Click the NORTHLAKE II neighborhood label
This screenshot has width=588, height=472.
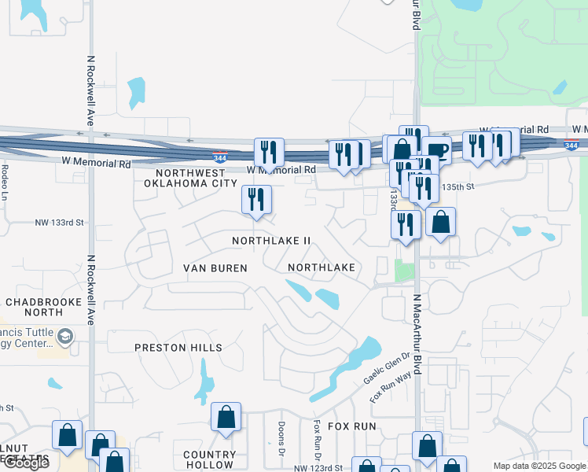[272, 240]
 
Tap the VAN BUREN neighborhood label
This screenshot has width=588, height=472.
[215, 268]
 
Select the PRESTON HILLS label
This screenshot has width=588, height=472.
[178, 348]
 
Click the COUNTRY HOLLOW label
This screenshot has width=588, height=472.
[210, 459]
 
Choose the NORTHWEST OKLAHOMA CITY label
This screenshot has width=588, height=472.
[190, 177]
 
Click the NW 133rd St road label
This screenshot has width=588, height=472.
[59, 223]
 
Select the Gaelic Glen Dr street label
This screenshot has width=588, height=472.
[386, 368]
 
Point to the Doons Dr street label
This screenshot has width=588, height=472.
[281, 438]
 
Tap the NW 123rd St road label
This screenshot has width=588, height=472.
[319, 468]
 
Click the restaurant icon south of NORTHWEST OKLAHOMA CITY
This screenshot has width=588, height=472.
[256, 200]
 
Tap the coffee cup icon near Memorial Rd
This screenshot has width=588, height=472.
[436, 150]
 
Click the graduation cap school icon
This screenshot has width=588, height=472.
[66, 336]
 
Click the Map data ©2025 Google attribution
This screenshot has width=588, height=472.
[539, 466]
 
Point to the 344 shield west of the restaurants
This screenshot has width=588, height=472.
[221, 157]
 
